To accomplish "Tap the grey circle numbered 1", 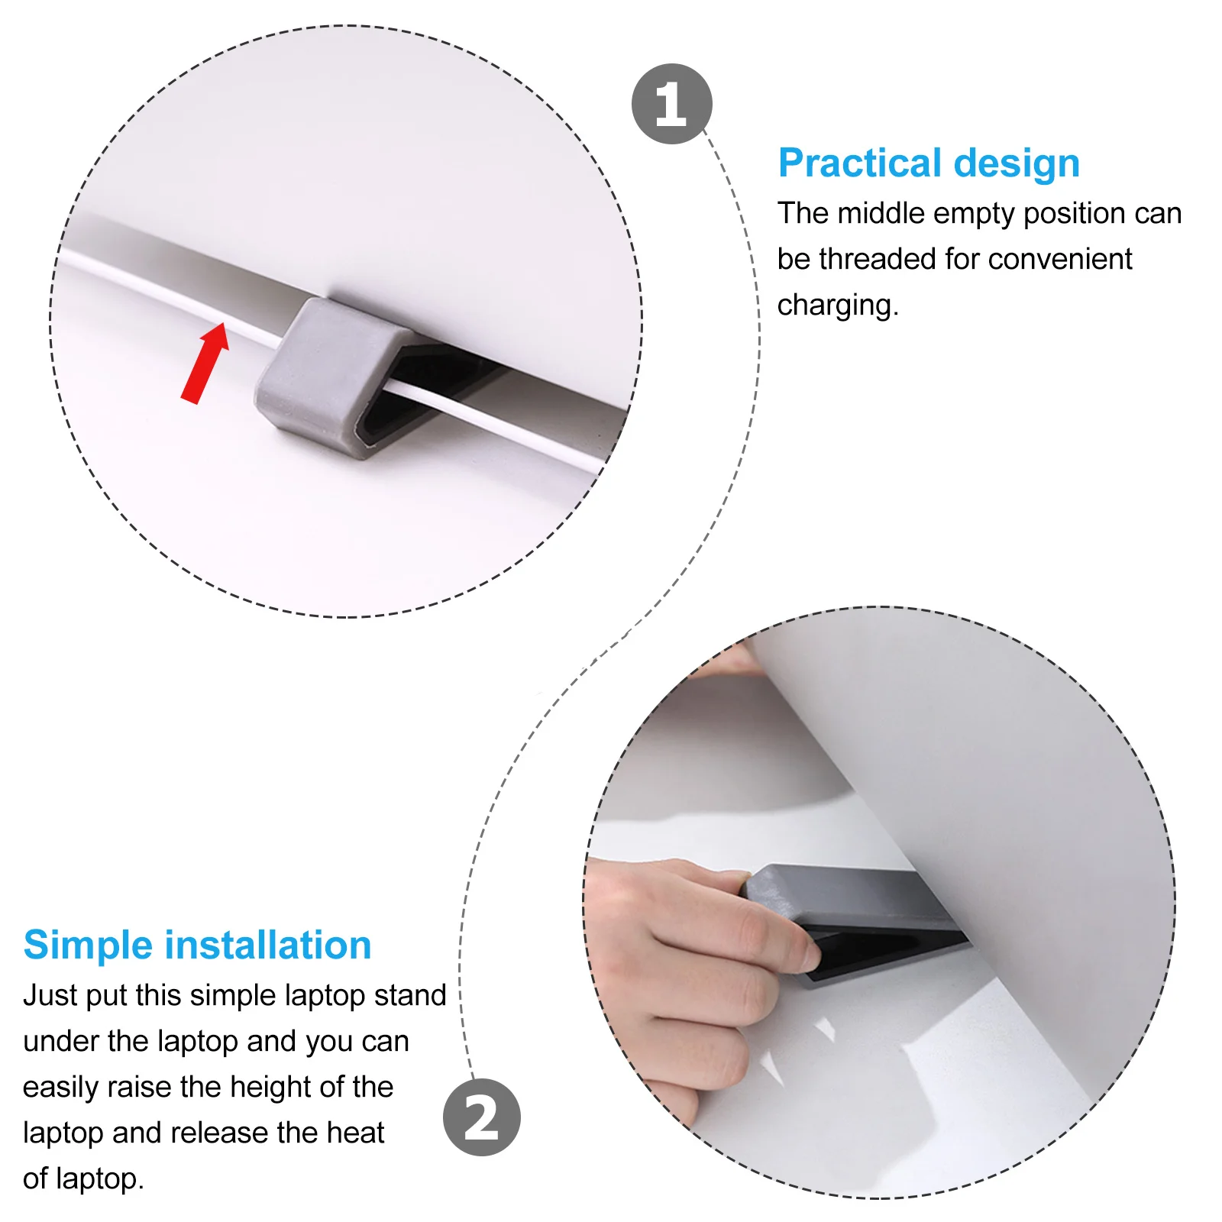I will click(x=671, y=104).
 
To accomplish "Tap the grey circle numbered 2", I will click(x=481, y=1117).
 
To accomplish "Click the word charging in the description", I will click(x=836, y=305).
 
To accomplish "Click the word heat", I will click(x=355, y=1133).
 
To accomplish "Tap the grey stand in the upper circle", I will click(x=321, y=374).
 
